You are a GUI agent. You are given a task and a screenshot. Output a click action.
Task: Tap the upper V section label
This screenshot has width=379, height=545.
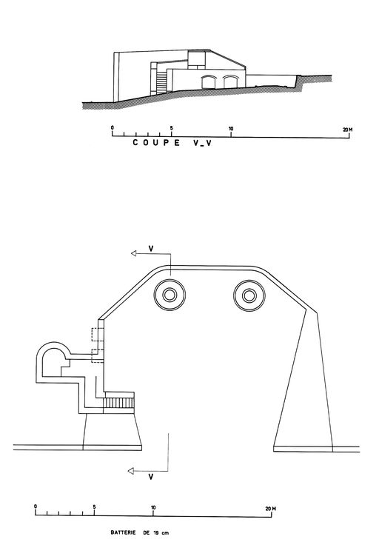151,248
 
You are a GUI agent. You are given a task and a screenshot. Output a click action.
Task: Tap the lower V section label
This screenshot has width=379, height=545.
151,477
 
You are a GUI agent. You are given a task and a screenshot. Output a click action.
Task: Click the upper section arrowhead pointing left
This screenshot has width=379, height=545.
133,253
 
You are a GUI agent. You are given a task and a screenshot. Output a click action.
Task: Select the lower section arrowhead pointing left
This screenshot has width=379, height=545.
130,471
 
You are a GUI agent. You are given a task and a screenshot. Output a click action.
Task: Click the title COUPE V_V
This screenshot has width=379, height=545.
172,142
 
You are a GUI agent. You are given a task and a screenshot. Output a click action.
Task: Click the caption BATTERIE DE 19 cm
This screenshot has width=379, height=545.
140,532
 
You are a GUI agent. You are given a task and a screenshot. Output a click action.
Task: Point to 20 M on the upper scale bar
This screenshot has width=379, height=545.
348,130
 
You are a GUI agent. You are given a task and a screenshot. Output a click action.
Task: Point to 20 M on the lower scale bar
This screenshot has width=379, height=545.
271,509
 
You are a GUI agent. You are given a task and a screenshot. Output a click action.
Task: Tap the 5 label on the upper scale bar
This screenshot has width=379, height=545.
171,127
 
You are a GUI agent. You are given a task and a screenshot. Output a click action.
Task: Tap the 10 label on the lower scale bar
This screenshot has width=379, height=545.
153,507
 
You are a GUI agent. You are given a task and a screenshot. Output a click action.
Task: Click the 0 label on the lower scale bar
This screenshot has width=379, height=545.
36,506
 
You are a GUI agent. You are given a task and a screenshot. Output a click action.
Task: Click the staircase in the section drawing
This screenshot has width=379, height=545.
161,82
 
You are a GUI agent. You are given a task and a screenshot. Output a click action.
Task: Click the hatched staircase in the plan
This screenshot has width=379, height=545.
118,403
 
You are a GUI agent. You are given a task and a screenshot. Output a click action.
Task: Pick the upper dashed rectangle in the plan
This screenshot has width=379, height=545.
95,335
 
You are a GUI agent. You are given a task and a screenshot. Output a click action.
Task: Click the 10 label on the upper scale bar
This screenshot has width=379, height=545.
231,129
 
